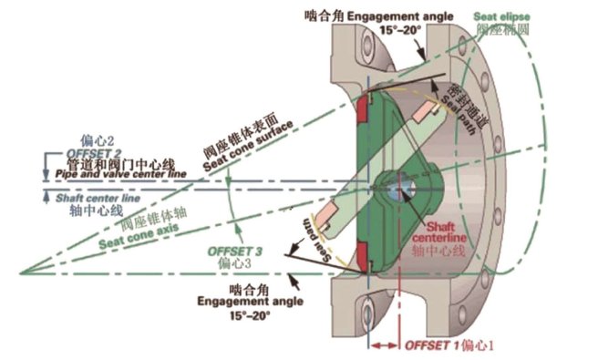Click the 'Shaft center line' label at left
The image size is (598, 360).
click(86, 197)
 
